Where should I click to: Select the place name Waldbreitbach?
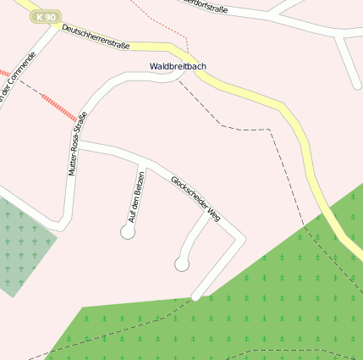178,65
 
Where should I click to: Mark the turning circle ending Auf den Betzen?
128,232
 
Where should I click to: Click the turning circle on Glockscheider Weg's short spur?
181,264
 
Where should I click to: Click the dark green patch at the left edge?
19,246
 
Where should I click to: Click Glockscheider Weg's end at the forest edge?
196,296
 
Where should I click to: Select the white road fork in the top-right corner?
338,36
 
